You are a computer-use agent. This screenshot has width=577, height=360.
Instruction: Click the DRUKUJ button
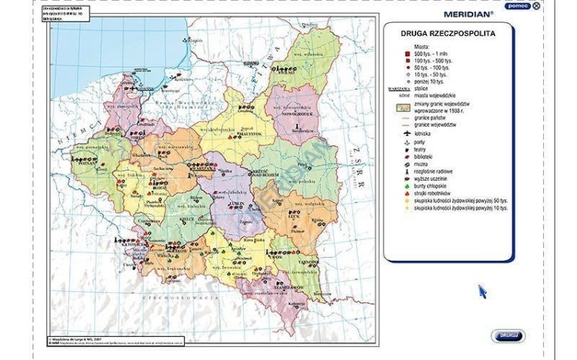coord(507,336)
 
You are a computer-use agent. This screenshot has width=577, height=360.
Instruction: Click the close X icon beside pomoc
coord(536,5)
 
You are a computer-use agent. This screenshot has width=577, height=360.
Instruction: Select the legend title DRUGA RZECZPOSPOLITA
coord(448,34)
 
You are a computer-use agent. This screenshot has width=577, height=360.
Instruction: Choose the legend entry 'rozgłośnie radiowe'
coord(437,168)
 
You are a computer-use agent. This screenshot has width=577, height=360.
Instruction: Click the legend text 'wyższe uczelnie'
coord(433,177)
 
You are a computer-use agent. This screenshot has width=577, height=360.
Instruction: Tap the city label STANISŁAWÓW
coord(285,287)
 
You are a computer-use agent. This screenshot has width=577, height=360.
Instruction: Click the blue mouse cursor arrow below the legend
coord(482,292)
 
